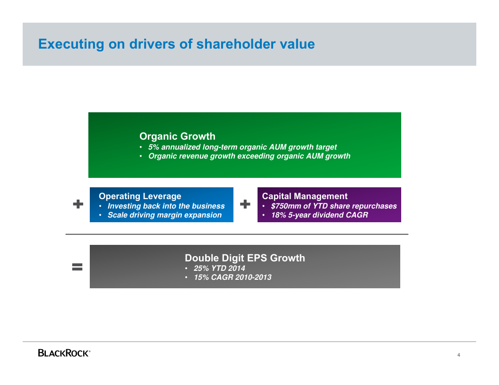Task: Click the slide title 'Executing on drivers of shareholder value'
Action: pyautogui.click(x=176, y=44)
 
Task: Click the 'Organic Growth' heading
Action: pyautogui.click(x=177, y=136)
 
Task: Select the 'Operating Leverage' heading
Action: pyautogui.click(x=140, y=196)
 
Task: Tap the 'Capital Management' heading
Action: pyautogui.click(x=305, y=196)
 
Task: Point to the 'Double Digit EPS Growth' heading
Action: pyautogui.click(x=245, y=258)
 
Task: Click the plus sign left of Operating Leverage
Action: pyautogui.click(x=78, y=204)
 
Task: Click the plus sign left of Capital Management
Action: pyautogui.click(x=245, y=204)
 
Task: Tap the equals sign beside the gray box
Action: pyautogui.click(x=77, y=267)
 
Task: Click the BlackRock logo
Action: pyautogui.click(x=64, y=353)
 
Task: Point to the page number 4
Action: pyautogui.click(x=459, y=355)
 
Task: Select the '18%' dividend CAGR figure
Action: pyautogui.click(x=279, y=215)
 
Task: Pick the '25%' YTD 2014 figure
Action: pyautogui.click(x=202, y=268)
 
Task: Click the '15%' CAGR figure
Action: pyautogui.click(x=202, y=277)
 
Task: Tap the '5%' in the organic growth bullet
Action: pyautogui.click(x=154, y=147)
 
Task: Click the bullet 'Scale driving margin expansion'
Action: pyautogui.click(x=164, y=215)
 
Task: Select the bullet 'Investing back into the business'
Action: pyautogui.click(x=166, y=206)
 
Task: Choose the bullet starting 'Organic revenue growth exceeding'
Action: pyautogui.click(x=249, y=156)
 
